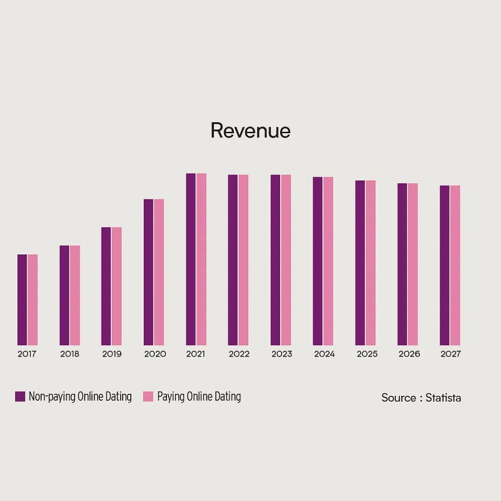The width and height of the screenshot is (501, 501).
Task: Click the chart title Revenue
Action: pos(250,131)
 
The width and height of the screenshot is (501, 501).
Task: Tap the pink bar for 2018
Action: pos(75,295)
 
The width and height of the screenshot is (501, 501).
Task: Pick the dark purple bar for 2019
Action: pos(106,286)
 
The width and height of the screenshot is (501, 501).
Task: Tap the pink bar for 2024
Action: pos(328,261)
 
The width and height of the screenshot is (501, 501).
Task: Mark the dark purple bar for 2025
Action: pos(360,263)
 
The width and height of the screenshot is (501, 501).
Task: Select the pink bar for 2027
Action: pos(455,265)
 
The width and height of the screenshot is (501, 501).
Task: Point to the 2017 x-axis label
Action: pos(27,354)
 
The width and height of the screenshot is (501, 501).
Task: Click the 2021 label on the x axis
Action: pos(196,354)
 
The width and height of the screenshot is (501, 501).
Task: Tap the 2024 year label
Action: pos(324,354)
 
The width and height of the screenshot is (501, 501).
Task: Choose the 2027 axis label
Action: pos(450,354)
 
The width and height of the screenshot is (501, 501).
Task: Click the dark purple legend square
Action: pos(20,397)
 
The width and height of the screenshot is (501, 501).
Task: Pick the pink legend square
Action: pos(148,397)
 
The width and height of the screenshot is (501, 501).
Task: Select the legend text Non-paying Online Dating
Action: pos(80,397)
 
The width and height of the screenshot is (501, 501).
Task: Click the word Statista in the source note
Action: pos(443,398)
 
